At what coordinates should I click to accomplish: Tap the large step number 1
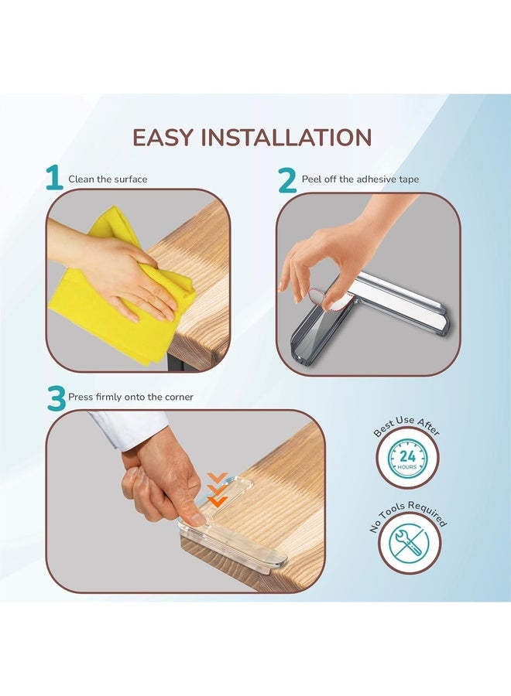(x=55, y=178)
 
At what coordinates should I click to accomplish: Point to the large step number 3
(x=57, y=398)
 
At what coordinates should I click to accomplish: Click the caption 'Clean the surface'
(x=108, y=179)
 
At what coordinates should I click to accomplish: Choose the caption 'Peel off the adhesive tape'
(x=360, y=179)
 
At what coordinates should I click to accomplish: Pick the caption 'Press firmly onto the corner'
(x=131, y=397)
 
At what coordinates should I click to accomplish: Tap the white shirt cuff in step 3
(x=129, y=428)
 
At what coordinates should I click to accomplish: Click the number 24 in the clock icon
(x=407, y=455)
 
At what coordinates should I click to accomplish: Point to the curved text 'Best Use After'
(x=406, y=424)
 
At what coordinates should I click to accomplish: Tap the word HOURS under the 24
(x=407, y=467)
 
